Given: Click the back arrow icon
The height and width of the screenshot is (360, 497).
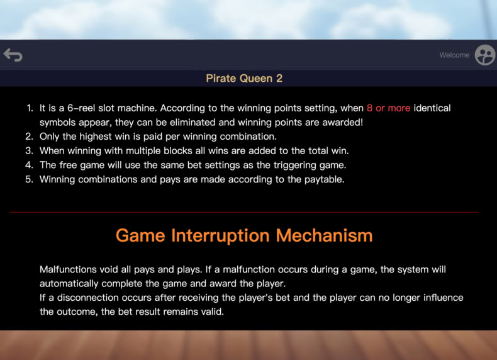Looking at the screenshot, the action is pos(13,55).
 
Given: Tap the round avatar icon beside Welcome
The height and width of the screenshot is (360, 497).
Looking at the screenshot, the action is pos(485,55).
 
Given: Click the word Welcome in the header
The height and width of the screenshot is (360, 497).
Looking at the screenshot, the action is pos(454,55).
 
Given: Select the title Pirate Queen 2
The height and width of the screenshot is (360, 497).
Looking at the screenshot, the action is pos(244,78).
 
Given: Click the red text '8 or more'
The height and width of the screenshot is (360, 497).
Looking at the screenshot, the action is pos(388,108).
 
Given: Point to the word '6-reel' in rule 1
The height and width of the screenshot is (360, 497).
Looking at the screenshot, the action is pos(81,108).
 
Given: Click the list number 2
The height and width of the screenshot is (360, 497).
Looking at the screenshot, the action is pos(29,137).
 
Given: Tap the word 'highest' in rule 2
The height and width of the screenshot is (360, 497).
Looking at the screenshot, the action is pos(96,137).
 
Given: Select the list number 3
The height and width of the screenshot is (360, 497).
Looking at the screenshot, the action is pos(29,150).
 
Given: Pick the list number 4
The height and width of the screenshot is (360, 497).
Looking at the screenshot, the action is pos(29,165).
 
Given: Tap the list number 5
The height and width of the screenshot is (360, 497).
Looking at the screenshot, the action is pos(29,179).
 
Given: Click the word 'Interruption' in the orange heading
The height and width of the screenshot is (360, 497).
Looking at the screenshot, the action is pos(220,236).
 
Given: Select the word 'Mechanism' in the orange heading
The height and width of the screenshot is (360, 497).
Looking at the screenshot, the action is pos(324,235).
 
